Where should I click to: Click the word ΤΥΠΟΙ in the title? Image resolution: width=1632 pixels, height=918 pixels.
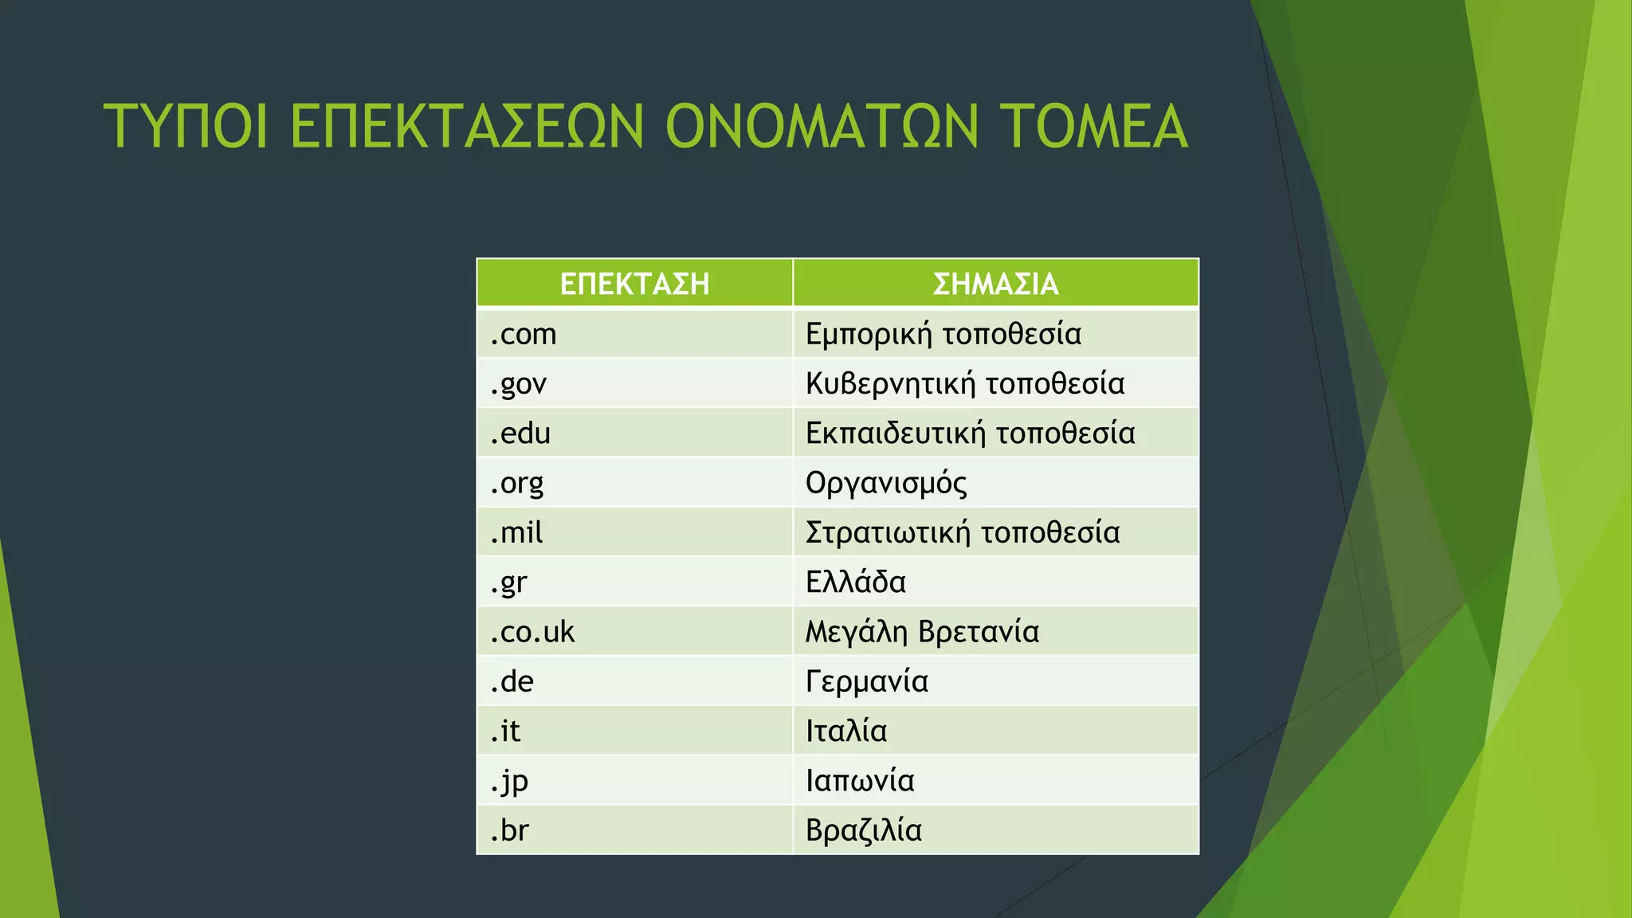(185, 126)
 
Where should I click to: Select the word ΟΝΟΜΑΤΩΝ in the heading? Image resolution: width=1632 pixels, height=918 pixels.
(821, 126)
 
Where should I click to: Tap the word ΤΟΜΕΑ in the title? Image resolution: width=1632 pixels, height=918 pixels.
(1093, 126)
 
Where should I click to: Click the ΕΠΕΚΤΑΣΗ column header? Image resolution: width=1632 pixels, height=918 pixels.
(634, 284)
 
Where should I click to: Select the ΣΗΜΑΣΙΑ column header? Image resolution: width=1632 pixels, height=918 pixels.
(995, 284)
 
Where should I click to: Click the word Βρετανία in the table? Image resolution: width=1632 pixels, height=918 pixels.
(979, 632)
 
